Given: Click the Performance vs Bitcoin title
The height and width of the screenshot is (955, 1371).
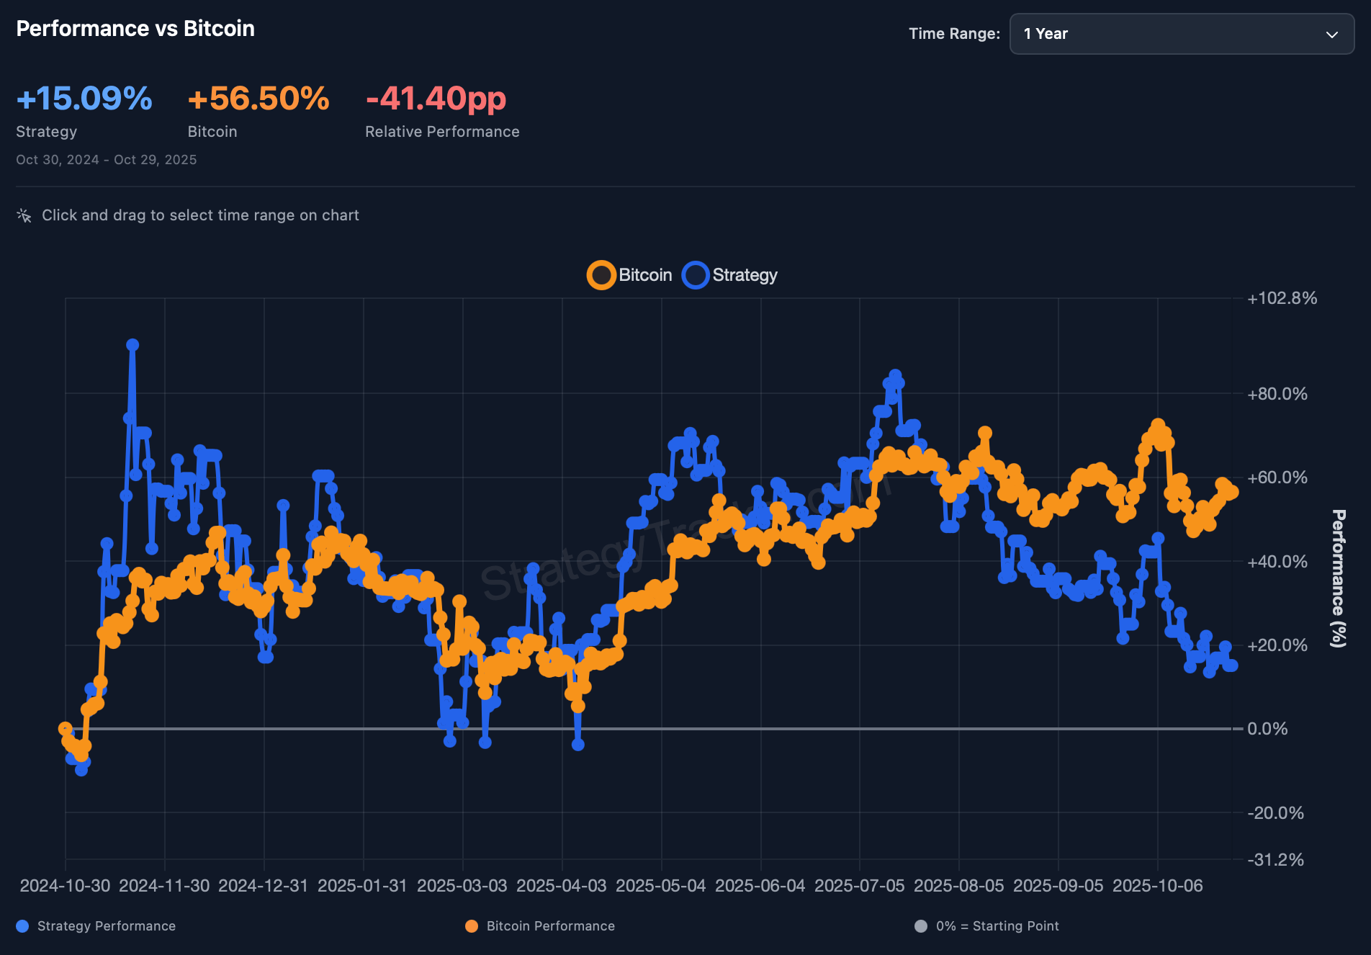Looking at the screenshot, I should click(x=135, y=29).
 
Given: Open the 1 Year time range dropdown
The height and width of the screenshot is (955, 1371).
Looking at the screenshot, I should click(x=1181, y=34).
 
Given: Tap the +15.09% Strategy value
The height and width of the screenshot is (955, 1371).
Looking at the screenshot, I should click(x=84, y=99).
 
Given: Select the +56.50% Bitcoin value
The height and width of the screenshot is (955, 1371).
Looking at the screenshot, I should click(x=259, y=99).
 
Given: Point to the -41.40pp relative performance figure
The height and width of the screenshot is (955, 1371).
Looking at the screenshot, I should click(x=436, y=99).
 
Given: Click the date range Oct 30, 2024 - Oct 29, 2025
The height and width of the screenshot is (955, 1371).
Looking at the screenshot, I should click(x=107, y=160).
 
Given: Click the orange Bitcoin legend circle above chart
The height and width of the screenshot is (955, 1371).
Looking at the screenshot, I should click(x=601, y=275).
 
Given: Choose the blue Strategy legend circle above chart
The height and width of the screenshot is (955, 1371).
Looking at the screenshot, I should click(x=696, y=275).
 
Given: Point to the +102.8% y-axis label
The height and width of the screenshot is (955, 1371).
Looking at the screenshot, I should click(x=1282, y=298).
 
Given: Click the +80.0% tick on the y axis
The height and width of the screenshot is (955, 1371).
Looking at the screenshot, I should click(x=1277, y=394).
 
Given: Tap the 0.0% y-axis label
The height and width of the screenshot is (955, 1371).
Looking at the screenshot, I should click(x=1267, y=729).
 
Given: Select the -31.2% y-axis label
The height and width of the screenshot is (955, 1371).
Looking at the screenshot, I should click(x=1275, y=860).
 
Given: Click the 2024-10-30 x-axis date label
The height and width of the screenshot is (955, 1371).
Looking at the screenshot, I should click(x=65, y=886).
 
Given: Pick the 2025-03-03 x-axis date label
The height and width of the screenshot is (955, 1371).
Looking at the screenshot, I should click(x=462, y=886).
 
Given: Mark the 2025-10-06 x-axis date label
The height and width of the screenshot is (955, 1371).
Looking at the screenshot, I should click(x=1158, y=886).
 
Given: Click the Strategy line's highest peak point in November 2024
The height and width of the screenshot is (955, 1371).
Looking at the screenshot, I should click(x=132, y=345).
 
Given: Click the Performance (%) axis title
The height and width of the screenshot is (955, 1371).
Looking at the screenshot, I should click(x=1339, y=578).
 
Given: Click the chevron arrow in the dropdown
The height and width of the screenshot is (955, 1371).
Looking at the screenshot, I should click(x=1332, y=35).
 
